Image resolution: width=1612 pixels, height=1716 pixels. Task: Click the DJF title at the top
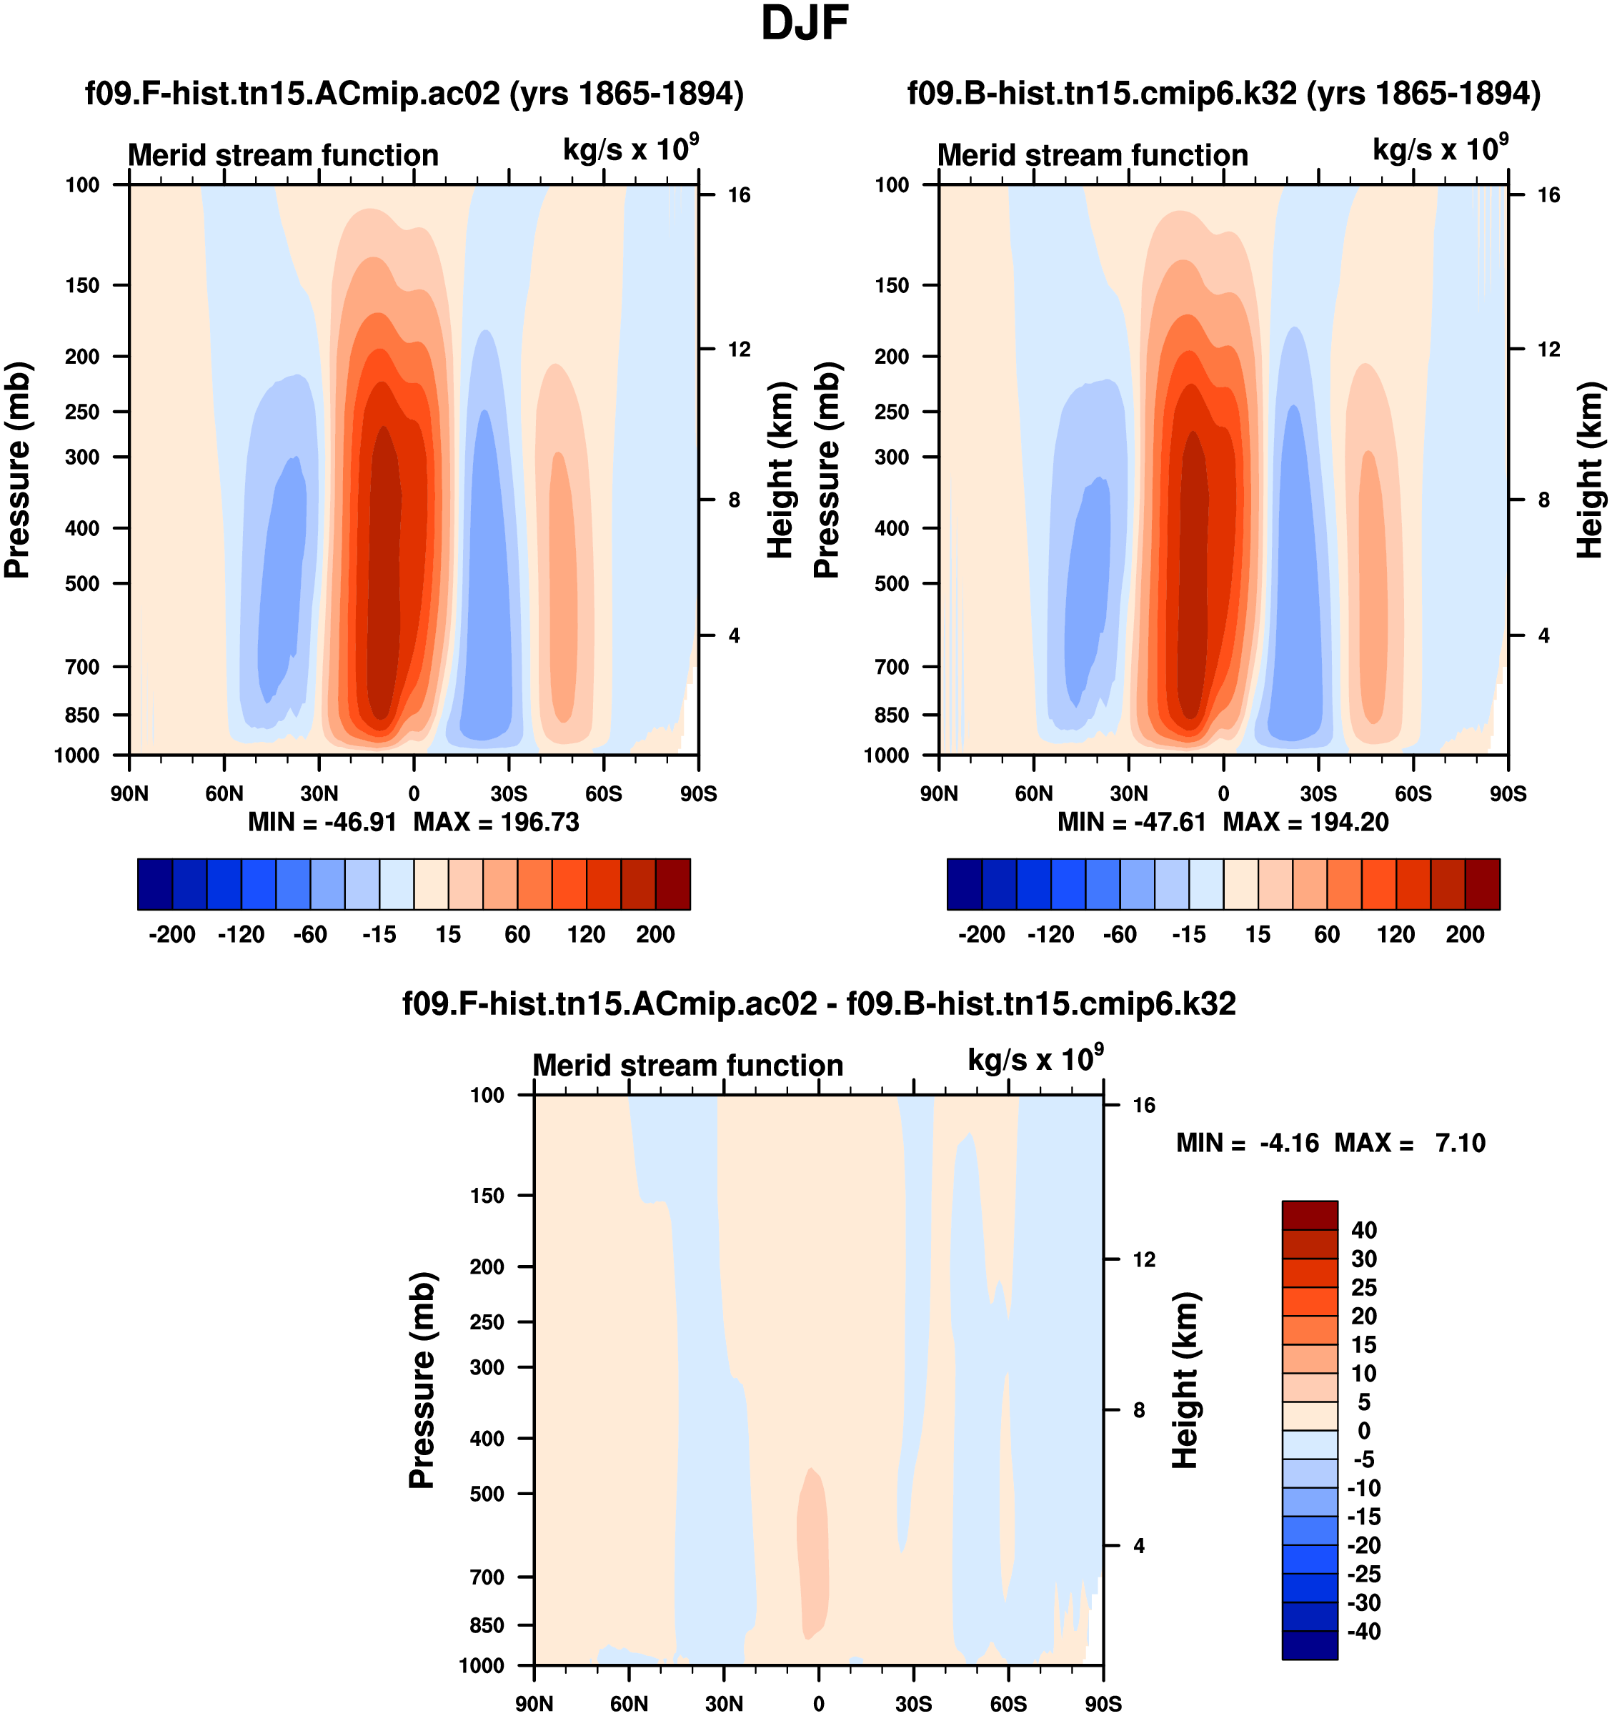click(x=805, y=24)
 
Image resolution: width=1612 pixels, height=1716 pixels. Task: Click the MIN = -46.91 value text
click(x=322, y=822)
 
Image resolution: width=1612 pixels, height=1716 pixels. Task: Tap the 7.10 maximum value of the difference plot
click(x=1460, y=1143)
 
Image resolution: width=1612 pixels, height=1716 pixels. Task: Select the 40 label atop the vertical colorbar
click(x=1363, y=1230)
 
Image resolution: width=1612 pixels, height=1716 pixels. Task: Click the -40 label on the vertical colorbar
click(x=1363, y=1632)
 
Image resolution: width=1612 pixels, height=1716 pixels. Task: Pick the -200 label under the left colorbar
click(x=171, y=934)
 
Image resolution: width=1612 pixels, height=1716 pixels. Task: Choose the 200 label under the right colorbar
click(x=1464, y=934)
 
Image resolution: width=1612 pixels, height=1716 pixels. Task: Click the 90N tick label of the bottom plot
click(x=534, y=1704)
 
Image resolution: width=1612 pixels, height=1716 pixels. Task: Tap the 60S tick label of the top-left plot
click(x=603, y=794)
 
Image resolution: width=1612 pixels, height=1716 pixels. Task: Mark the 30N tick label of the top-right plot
click(x=1129, y=794)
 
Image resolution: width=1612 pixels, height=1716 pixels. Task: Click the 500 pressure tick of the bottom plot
click(x=487, y=1493)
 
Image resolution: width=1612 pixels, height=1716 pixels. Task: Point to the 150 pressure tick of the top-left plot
click(x=82, y=286)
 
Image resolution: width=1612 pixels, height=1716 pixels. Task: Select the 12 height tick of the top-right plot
click(x=1549, y=349)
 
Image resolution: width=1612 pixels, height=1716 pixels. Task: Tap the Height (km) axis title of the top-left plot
click(x=780, y=470)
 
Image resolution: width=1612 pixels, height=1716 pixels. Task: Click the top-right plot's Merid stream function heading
click(x=1093, y=155)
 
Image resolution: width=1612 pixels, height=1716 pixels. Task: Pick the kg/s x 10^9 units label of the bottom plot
click(x=1035, y=1059)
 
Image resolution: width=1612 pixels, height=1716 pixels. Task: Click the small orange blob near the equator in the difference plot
click(x=812, y=1554)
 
